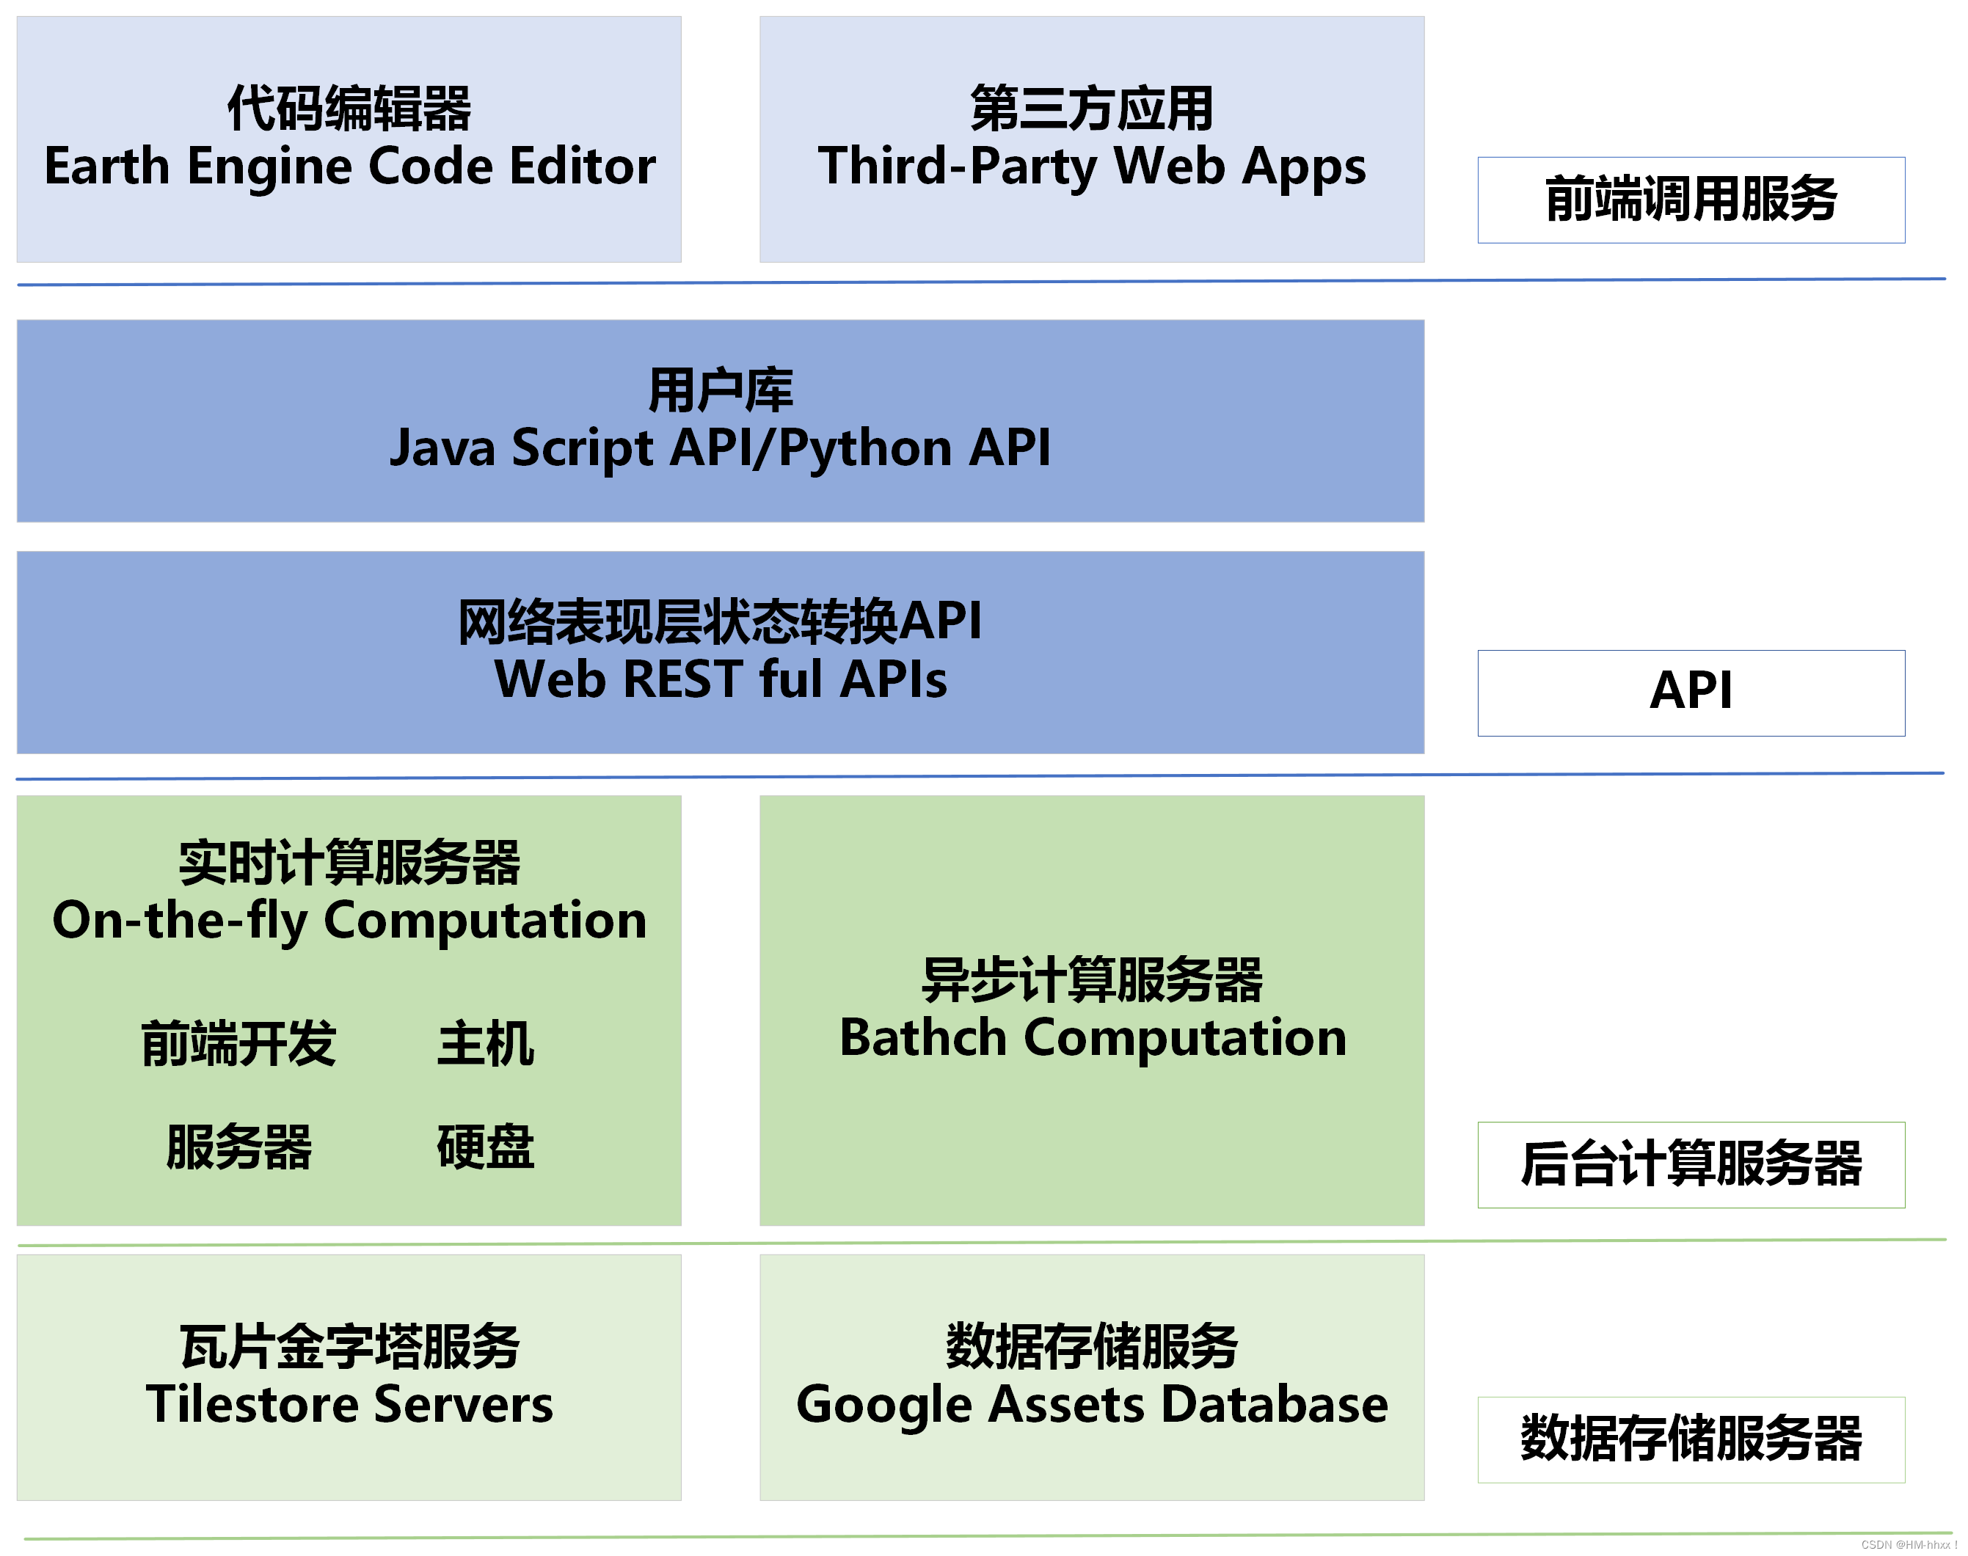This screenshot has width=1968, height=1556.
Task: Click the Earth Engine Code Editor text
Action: tap(350, 167)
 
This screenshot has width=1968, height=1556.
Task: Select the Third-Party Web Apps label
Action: tap(1092, 167)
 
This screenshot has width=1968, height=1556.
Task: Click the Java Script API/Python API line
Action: tap(720, 448)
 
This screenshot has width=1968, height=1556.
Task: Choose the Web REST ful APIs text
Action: tap(720, 679)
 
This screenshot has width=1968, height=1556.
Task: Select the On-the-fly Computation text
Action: tap(350, 920)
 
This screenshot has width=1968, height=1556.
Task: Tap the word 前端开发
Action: tap(238, 1043)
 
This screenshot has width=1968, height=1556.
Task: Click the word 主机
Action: tap(486, 1043)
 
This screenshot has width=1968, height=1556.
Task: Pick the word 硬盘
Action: tap(486, 1146)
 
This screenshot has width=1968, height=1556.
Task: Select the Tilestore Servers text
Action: tap(350, 1404)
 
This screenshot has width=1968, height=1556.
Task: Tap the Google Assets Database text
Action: tap(1092, 1404)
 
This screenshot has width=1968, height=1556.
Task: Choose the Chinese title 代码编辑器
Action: tap(350, 109)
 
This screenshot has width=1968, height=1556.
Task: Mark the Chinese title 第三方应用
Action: tap(1092, 109)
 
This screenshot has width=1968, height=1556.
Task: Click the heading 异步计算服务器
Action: tap(1092, 980)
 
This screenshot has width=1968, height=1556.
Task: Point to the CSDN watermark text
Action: tap(1908, 1545)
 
